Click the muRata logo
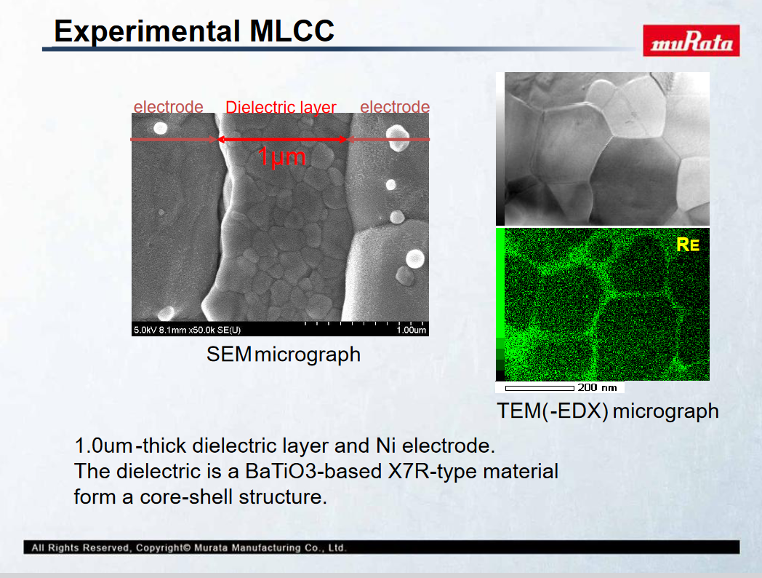[x=691, y=40]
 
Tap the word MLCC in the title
[x=292, y=31]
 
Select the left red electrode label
[x=168, y=106]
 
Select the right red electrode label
[x=395, y=106]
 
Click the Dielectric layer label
[x=281, y=107]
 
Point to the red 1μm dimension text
[x=281, y=157]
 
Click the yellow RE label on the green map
[x=688, y=245]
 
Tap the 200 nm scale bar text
[x=597, y=387]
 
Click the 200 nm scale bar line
[x=540, y=388]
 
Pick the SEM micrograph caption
[x=284, y=355]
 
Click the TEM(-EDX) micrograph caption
[x=607, y=411]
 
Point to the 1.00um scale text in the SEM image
[x=411, y=330]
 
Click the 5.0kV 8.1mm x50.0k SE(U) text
[x=187, y=330]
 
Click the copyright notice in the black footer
[x=188, y=547]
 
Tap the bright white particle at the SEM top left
[x=161, y=128]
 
